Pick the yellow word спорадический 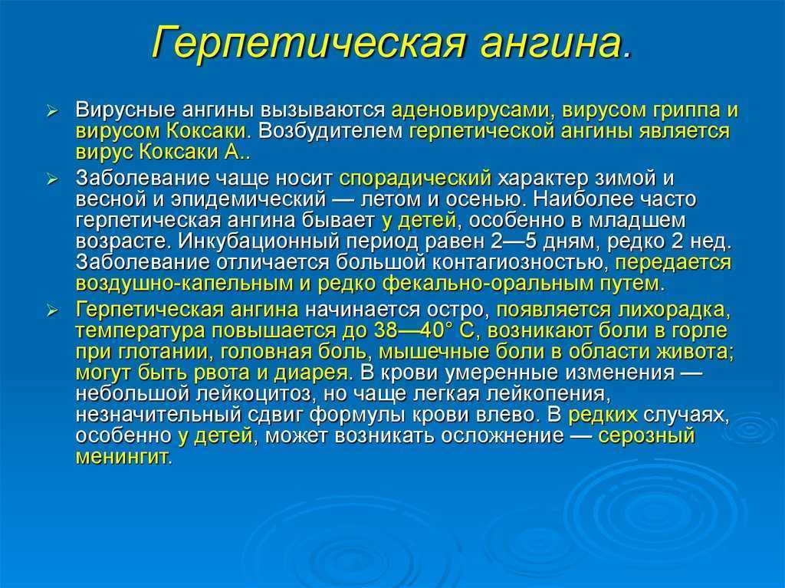pyautogui.click(x=415, y=179)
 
